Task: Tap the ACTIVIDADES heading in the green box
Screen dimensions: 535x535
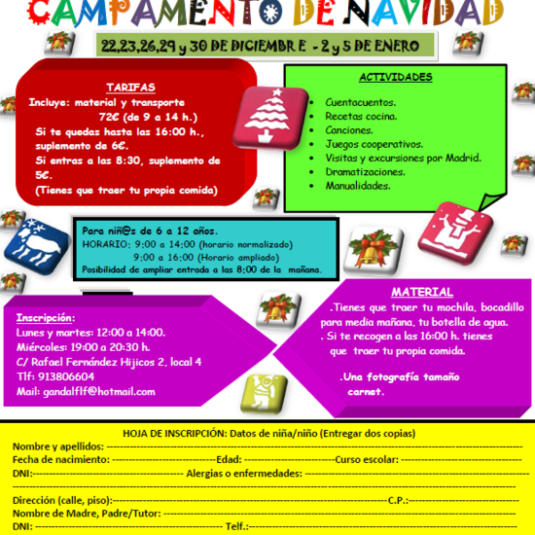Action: point(396,77)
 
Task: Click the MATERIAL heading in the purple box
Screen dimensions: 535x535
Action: point(421,292)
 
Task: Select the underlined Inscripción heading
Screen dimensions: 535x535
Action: point(46,317)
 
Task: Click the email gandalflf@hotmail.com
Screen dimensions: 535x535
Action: point(86,391)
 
